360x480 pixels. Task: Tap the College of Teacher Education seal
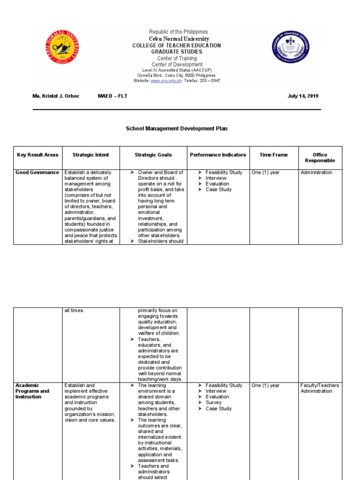pyautogui.click(x=291, y=48)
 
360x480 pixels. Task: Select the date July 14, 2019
pyautogui.click(x=303, y=96)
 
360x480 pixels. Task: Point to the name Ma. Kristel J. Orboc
pyautogui.click(x=56, y=96)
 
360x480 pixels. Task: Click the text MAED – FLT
pyautogui.click(x=112, y=96)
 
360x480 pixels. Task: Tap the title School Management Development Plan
pyautogui.click(x=177, y=128)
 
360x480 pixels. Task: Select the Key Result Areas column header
pyautogui.click(x=37, y=155)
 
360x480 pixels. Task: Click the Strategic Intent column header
pyautogui.click(x=91, y=155)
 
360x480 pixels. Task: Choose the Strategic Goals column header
pyautogui.click(x=153, y=155)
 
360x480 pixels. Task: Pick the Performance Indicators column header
pyautogui.click(x=218, y=155)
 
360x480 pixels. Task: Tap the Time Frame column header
pyautogui.click(x=274, y=155)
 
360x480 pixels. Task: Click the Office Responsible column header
pyautogui.click(x=320, y=157)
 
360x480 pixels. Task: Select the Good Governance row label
pyautogui.click(x=37, y=172)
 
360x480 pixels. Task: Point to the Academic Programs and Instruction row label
pyautogui.click(x=32, y=391)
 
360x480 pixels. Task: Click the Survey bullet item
pyautogui.click(x=213, y=403)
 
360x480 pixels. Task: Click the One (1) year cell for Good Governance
pyautogui.click(x=265, y=172)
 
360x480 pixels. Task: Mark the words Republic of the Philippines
pyautogui.click(x=178, y=32)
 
